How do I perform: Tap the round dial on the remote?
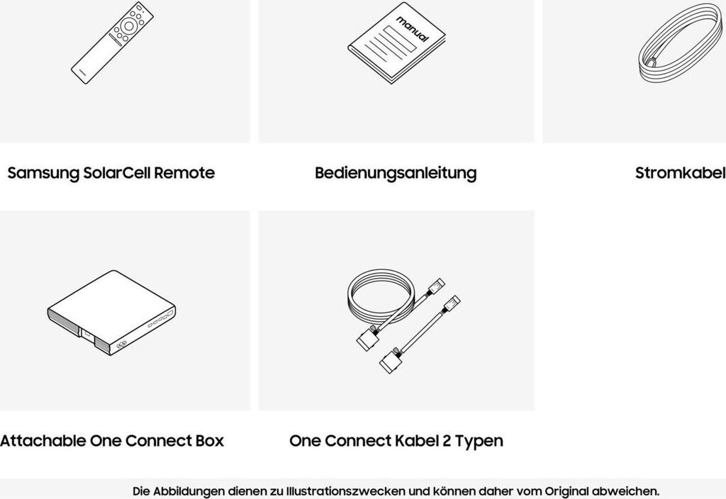coord(129,25)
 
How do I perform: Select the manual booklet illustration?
coord(397,43)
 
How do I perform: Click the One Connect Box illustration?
coord(111,313)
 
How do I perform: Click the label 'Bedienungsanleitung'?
coord(396,173)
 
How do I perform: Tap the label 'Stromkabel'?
coord(680,173)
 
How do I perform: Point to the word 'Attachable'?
coord(43,441)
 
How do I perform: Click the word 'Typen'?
coord(479,441)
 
